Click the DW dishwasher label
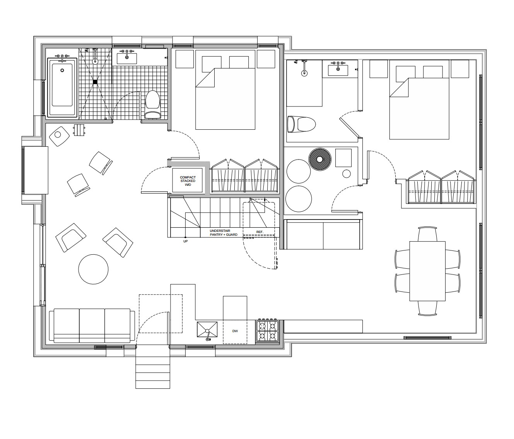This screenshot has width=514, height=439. coord(235,331)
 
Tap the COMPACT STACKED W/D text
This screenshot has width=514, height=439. coord(188,181)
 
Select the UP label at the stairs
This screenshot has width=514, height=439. coord(186,241)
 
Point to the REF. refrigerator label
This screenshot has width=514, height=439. coord(260,232)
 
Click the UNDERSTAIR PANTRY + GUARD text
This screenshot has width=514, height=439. coord(224,232)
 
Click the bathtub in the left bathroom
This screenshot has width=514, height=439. coord(62,87)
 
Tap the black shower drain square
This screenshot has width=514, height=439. coord(95,82)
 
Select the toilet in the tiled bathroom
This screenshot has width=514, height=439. coord(152,104)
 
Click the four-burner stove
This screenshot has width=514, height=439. coord(267,331)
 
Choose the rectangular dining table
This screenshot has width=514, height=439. coord(427,271)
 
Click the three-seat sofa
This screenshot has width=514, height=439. coord(92,325)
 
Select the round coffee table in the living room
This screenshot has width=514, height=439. coord(93,269)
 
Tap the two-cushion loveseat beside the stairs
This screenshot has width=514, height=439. coord(323,234)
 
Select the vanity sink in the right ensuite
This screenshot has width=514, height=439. coord(338,70)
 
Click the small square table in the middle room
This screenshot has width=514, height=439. coord(343,157)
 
